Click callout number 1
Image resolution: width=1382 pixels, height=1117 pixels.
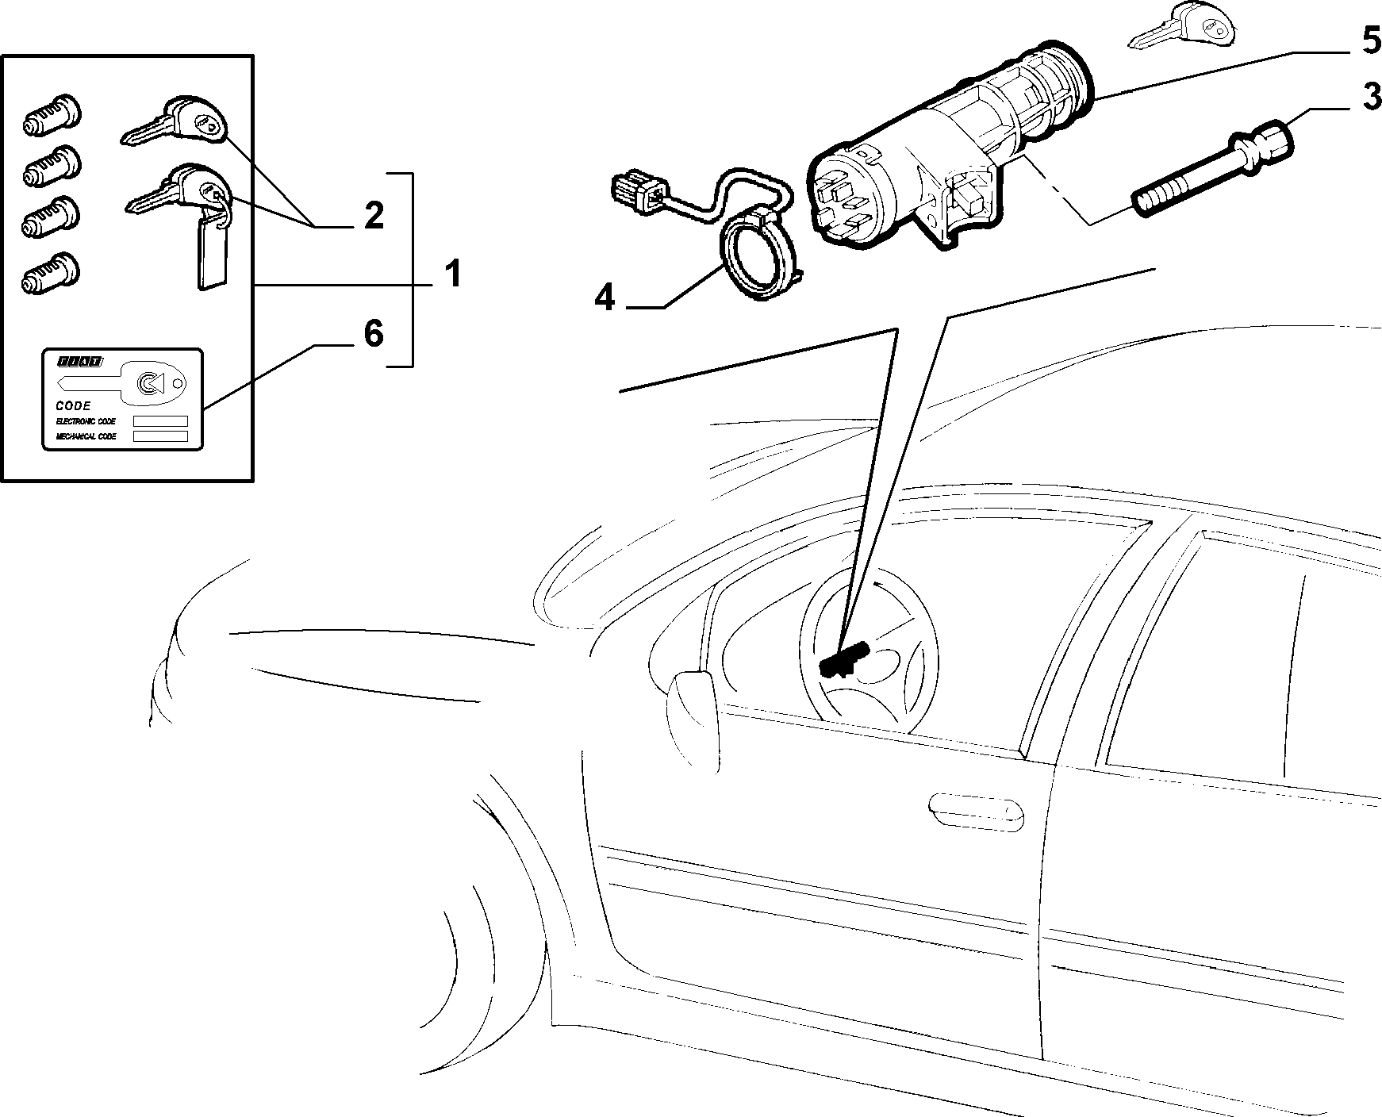coord(452,274)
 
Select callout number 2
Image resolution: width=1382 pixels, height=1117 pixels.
coord(373,216)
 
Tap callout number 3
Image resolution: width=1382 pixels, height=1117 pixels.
coord(1370,98)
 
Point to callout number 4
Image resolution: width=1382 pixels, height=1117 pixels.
coord(605,298)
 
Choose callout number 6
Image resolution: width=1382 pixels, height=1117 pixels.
coord(373,334)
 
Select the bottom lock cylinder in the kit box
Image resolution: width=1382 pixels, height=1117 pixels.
coord(52,268)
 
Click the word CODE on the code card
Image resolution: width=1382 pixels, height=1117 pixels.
coord(74,405)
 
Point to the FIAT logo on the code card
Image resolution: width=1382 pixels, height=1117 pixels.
coord(79,361)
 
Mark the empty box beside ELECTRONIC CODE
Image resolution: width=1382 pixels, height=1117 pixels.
coord(160,421)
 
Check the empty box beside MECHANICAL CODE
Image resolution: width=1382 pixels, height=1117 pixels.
coord(160,436)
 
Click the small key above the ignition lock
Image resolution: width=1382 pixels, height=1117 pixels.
coord(1183,28)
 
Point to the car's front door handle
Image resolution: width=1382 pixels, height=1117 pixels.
coord(977,811)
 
